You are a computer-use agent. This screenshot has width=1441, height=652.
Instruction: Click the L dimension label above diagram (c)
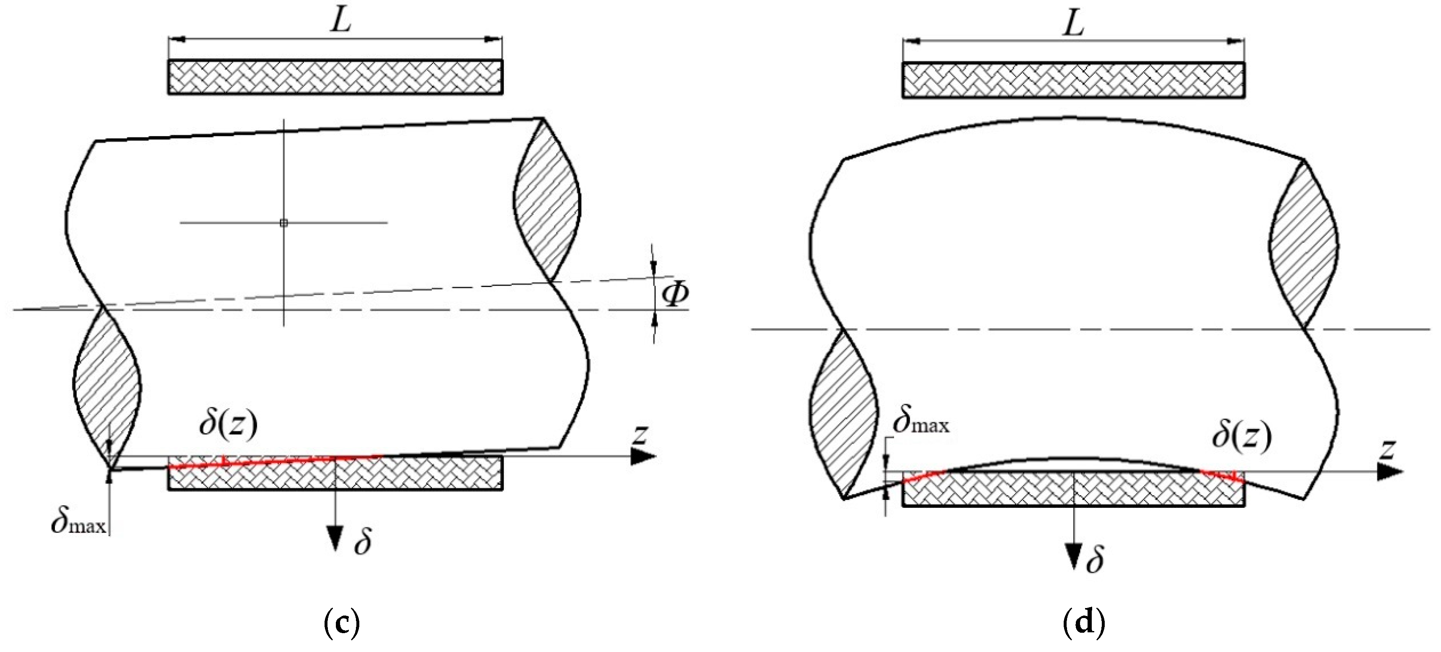pos(340,21)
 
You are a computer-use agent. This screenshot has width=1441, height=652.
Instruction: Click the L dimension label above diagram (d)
pos(1073,23)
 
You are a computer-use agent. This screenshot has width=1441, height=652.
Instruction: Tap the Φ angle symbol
pos(675,294)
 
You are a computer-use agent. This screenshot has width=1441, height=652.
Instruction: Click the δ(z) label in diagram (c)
pos(228,424)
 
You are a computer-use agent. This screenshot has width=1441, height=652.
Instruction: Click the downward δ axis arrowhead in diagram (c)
pos(335,538)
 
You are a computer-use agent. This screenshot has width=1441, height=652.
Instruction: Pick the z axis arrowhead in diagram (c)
pos(643,457)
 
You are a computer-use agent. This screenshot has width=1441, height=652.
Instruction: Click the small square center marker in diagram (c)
pos(284,223)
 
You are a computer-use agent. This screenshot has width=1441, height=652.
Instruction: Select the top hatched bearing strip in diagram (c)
pos(335,77)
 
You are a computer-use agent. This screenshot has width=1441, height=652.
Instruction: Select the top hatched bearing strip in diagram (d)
pos(1073,80)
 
